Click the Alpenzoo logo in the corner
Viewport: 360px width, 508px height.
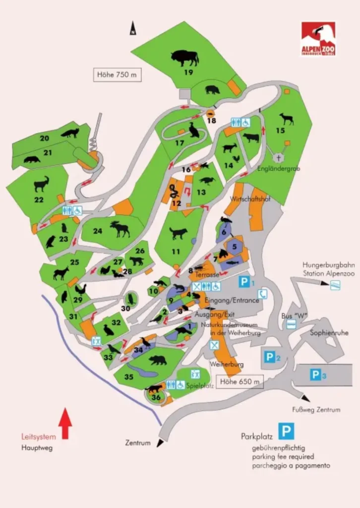click(318, 38)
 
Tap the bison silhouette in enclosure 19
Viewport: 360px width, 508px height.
click(184, 58)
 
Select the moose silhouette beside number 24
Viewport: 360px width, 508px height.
click(120, 229)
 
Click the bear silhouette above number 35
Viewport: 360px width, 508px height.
click(158, 360)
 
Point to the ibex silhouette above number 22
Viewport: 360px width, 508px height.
click(41, 184)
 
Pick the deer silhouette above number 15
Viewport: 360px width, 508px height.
click(286, 119)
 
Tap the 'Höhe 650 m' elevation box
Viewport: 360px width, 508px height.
click(240, 381)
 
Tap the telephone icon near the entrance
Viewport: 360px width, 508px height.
click(263, 294)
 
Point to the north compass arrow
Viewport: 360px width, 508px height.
click(133, 28)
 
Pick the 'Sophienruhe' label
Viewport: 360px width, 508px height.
click(326, 333)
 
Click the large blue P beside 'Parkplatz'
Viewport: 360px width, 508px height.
click(286, 431)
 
